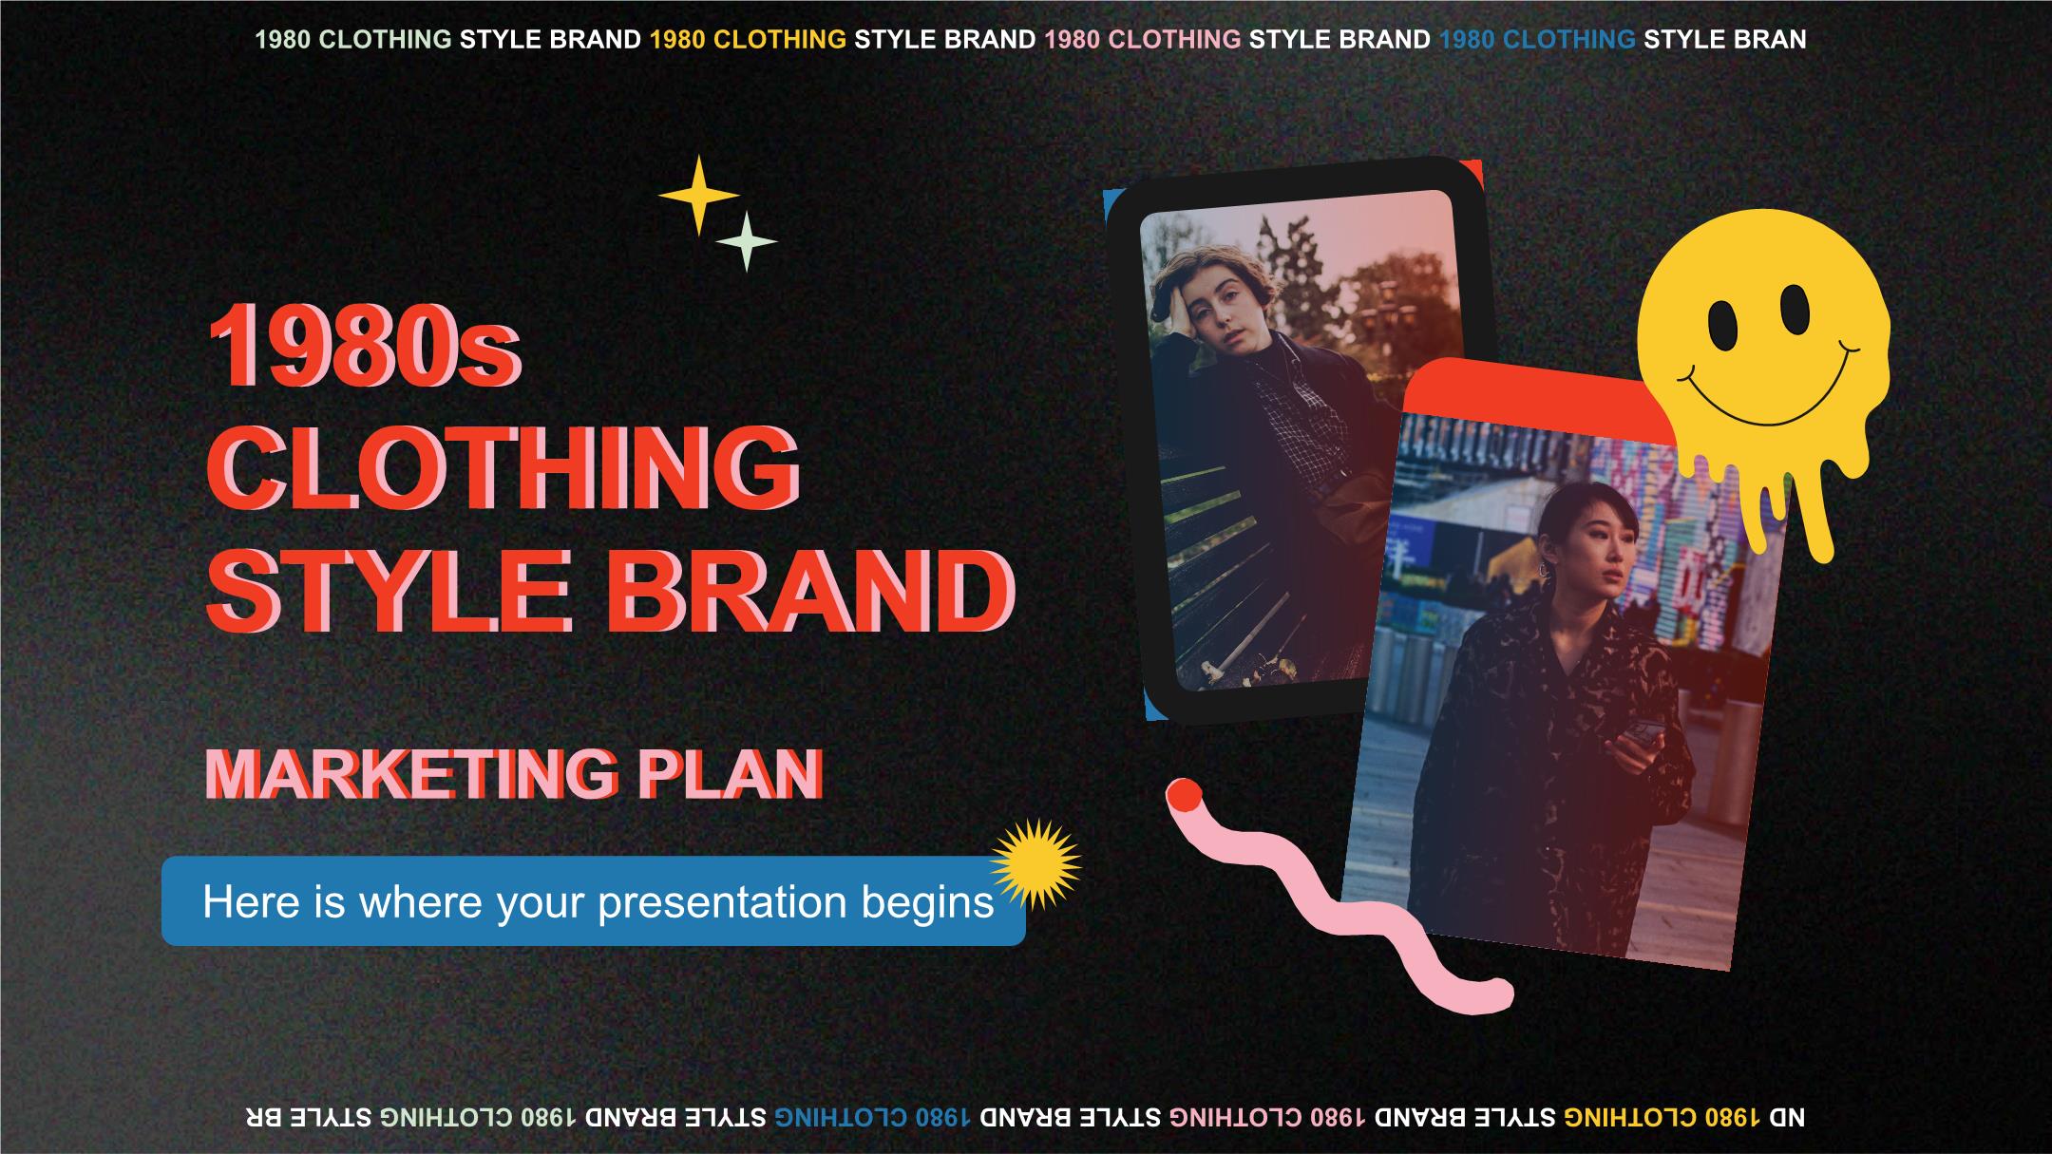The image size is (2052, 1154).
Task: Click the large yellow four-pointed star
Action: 698,195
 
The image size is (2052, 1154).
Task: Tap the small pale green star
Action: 747,241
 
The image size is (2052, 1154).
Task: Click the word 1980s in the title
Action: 365,347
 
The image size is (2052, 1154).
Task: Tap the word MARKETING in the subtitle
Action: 411,774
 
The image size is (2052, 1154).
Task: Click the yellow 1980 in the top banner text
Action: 677,40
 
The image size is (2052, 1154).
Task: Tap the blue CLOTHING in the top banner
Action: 1569,40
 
